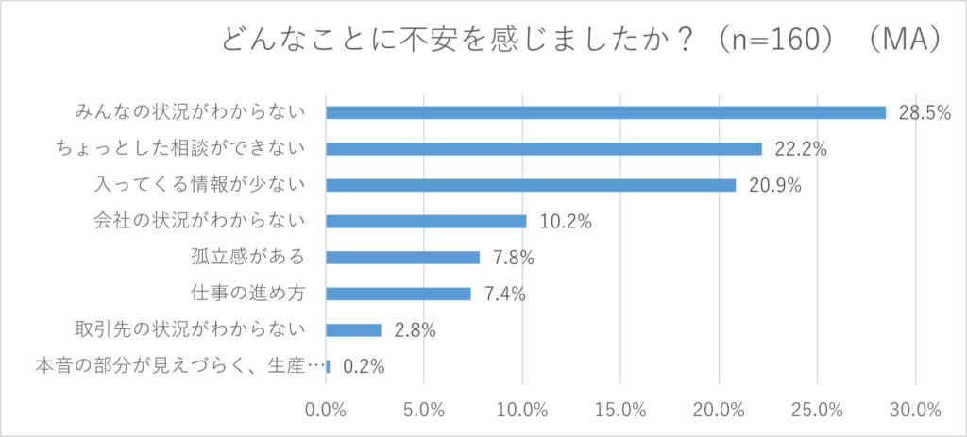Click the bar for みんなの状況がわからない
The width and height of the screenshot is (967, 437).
click(605, 112)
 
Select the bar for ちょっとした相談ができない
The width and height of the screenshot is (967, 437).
click(543, 148)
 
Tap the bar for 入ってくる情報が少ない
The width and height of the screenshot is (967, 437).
click(531, 185)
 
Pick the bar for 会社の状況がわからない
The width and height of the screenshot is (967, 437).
click(426, 221)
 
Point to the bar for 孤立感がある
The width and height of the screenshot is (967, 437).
click(402, 257)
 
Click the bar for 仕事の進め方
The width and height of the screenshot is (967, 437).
click(399, 294)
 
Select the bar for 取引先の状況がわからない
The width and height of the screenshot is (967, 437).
click(353, 329)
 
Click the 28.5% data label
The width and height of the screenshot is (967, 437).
click(924, 113)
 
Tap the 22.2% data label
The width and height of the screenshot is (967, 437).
click(801, 149)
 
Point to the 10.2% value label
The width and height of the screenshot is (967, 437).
click(566, 222)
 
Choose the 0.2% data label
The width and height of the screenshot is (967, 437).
click(364, 366)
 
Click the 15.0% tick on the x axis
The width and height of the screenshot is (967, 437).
click(621, 411)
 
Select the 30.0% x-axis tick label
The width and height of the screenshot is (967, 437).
click(916, 411)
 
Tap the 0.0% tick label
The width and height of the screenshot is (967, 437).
click(327, 411)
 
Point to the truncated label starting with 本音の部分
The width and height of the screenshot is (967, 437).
click(179, 366)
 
